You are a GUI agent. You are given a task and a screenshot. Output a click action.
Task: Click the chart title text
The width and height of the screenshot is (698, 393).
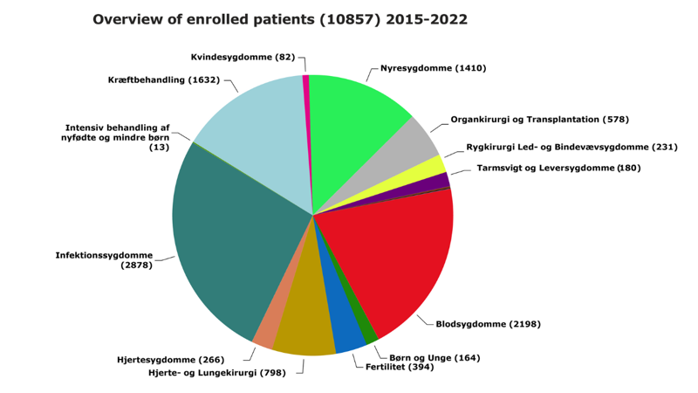[279, 19]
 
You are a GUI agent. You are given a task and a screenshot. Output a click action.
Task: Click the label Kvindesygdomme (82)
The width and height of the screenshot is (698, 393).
[243, 58]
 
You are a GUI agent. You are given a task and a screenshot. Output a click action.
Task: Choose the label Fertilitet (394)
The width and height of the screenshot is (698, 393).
[400, 367]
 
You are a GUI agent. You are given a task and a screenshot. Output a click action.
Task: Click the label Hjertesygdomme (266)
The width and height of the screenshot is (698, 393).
[170, 360]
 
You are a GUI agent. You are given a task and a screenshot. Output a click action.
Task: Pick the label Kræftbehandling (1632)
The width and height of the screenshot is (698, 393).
[164, 80]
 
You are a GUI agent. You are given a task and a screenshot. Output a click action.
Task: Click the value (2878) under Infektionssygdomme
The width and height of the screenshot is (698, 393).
[137, 265]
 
